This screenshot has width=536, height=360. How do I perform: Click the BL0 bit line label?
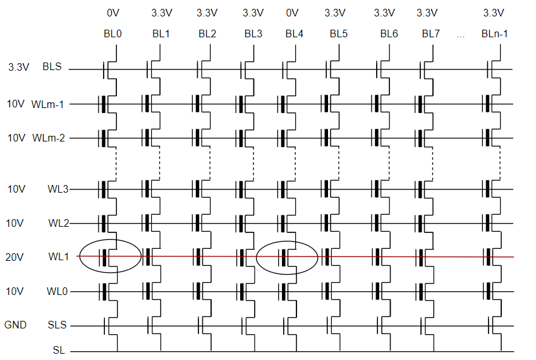[113, 34]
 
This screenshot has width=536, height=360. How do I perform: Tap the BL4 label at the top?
[295, 34]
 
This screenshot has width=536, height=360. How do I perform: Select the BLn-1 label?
[494, 34]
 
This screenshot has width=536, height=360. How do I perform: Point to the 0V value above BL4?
[292, 13]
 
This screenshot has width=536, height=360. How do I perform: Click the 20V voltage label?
[15, 257]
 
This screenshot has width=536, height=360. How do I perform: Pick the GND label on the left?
[16, 326]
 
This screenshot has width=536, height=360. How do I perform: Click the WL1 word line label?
[58, 257]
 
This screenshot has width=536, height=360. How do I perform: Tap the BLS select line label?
[52, 66]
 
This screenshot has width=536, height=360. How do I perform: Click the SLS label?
[57, 326]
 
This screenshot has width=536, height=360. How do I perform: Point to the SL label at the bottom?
[59, 348]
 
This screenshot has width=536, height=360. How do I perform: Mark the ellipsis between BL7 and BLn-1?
[460, 35]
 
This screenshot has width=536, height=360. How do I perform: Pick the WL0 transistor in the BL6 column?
[377, 292]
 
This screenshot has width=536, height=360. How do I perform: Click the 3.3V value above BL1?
[162, 13]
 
